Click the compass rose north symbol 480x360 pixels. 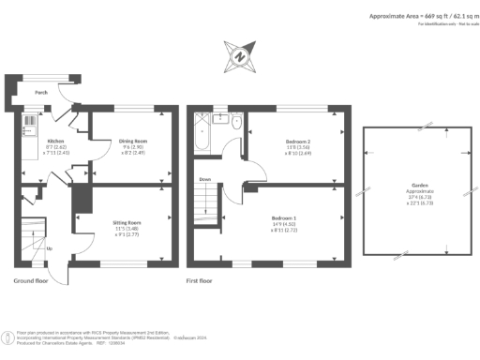(240, 57)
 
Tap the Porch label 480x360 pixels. (41, 93)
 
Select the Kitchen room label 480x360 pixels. (29, 141)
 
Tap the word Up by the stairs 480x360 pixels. (50, 247)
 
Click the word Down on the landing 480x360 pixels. (204, 178)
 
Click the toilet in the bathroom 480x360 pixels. (235, 123)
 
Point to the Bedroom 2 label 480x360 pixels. (298, 141)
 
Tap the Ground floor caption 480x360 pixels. (34, 280)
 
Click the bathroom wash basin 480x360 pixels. (222, 118)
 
